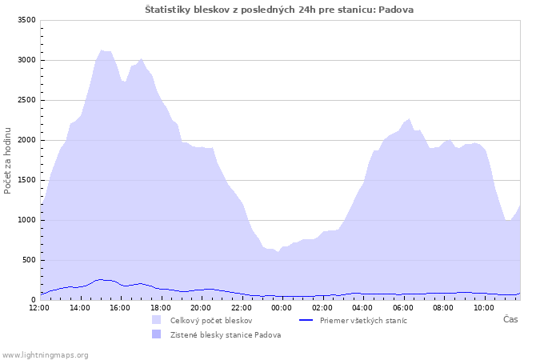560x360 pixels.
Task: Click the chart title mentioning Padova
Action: click(x=279, y=10)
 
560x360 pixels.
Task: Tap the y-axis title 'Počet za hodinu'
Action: click(x=7, y=161)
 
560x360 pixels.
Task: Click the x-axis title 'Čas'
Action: click(x=510, y=319)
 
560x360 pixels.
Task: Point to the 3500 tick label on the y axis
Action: click(x=26, y=20)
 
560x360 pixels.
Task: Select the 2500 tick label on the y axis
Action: click(x=26, y=100)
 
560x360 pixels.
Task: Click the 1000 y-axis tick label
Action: click(x=26, y=220)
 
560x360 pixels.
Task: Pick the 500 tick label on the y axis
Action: click(x=29, y=260)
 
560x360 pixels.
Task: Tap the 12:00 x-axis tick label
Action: click(x=39, y=307)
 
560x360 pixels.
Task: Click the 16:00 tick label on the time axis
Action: click(x=120, y=307)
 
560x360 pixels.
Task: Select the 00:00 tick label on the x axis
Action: click(x=282, y=307)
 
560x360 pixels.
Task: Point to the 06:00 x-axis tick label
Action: click(x=403, y=307)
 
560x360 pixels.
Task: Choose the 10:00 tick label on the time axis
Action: click(x=483, y=307)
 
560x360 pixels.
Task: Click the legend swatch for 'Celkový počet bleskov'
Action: click(x=157, y=320)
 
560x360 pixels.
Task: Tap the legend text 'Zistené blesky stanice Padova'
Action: click(x=226, y=335)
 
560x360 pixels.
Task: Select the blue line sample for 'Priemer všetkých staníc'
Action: click(x=306, y=320)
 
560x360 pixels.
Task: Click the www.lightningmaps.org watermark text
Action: click(x=45, y=355)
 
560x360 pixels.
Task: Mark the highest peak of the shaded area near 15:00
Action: click(x=102, y=50)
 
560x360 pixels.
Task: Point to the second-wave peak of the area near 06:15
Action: click(x=410, y=119)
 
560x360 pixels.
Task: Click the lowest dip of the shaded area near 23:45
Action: click(x=278, y=252)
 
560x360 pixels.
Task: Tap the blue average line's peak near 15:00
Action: click(x=101, y=280)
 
